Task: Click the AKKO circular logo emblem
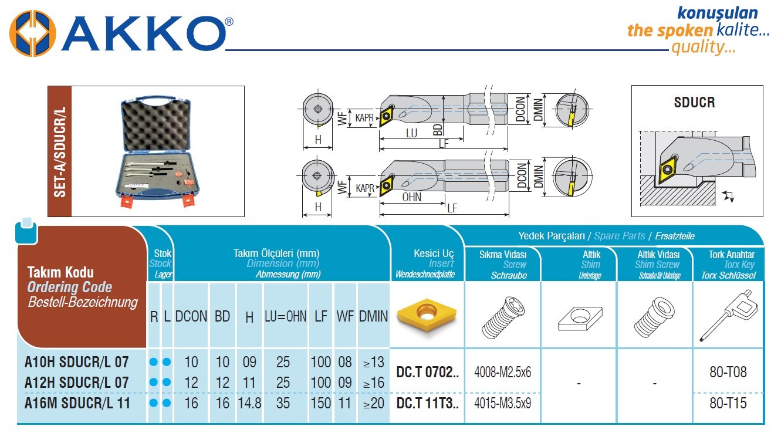pos(32,33)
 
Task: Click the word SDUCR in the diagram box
pos(694,102)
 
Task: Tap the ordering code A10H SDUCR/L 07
pos(76,362)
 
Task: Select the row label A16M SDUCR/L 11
pos(77,403)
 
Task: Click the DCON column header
pos(191,317)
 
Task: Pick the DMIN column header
pos(373,317)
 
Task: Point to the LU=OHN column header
pos(285,317)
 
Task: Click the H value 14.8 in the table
pos(249,403)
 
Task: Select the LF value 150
pos(320,403)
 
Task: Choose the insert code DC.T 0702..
pos(427,372)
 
